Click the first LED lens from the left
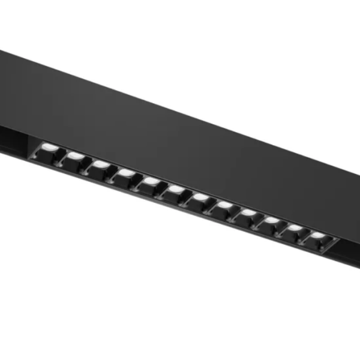tap(50, 149)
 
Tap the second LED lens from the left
tap(75, 156)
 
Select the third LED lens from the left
tap(100, 163)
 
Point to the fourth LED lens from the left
tap(126, 172)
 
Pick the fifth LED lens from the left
tap(151, 179)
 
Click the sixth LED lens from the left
tap(175, 188)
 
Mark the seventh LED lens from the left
tap(200, 196)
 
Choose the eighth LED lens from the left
tap(224, 205)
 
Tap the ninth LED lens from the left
tap(248, 212)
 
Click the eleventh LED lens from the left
tap(295, 228)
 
